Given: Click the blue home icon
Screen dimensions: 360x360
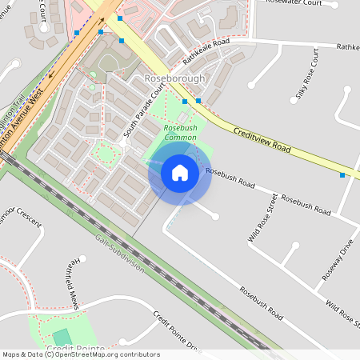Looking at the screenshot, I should click(x=180, y=173).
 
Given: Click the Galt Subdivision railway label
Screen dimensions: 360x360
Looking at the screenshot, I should click(x=119, y=254).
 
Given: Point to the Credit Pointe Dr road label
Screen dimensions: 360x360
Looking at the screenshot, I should click(x=175, y=331).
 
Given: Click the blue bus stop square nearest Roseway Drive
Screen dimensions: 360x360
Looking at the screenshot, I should click(x=342, y=174).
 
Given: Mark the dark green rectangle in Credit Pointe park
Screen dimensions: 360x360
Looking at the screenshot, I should click(x=62, y=337).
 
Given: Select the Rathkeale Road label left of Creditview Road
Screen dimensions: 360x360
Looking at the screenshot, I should click(x=206, y=50).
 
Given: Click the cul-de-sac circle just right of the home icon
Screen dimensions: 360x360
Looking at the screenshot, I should click(x=216, y=217).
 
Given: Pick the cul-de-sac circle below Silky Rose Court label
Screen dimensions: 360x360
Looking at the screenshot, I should click(x=251, y=84).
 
